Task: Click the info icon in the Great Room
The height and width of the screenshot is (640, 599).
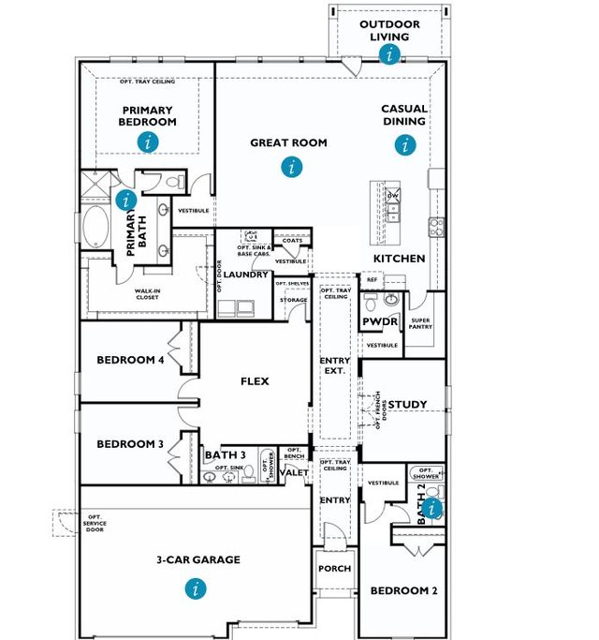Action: tap(293, 167)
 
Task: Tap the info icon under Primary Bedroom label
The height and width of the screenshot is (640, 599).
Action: tap(148, 141)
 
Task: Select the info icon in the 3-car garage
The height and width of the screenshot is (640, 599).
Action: tap(196, 588)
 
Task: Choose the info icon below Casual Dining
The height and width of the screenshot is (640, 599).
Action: tap(404, 144)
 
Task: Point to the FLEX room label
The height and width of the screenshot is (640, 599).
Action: tap(255, 381)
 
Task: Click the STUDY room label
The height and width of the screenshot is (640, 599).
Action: tap(407, 405)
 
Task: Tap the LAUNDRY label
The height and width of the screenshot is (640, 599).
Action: tap(247, 275)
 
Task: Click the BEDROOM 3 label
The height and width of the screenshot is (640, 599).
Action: tap(130, 443)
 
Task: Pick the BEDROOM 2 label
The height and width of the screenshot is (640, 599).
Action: tap(403, 590)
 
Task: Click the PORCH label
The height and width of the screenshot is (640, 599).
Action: tap(334, 569)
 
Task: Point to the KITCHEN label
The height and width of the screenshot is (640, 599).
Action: tap(400, 259)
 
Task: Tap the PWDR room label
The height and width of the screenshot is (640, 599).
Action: tap(381, 322)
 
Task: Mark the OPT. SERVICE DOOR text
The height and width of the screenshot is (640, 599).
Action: tap(94, 523)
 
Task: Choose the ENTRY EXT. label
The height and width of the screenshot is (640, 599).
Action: tap(334, 365)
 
